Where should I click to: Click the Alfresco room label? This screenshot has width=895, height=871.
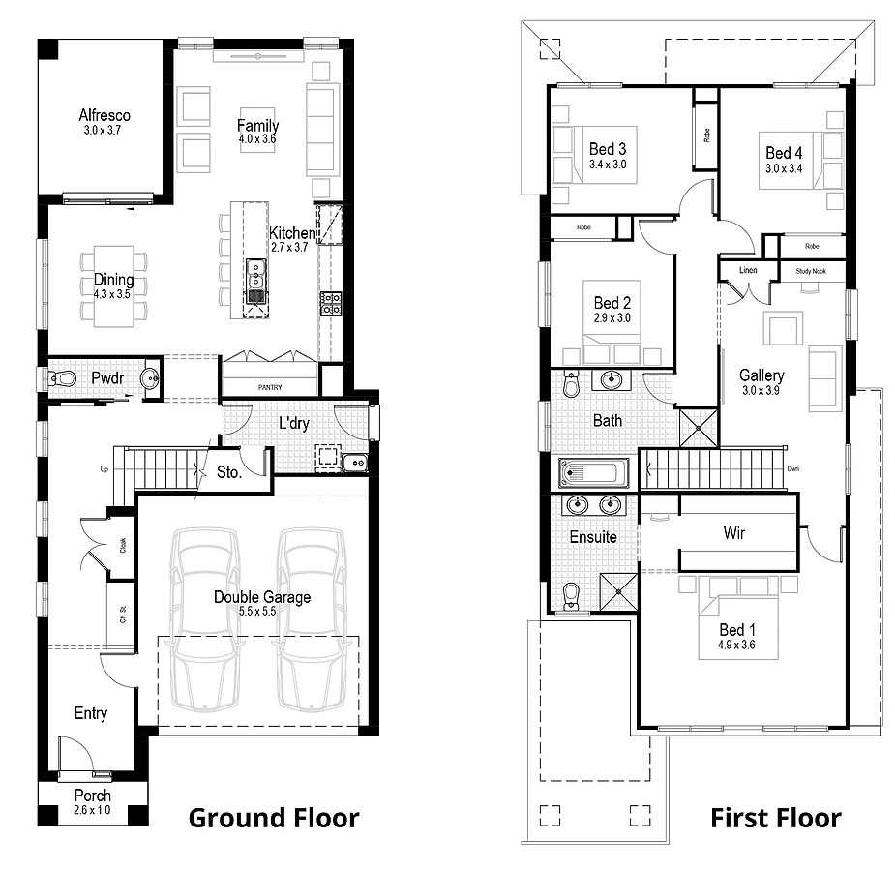pyautogui.click(x=104, y=115)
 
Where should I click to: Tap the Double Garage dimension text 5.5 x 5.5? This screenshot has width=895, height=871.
pyautogui.click(x=257, y=612)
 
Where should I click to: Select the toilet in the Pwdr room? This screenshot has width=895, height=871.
pyautogui.click(x=61, y=377)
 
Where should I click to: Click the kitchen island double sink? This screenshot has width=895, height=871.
pyautogui.click(x=256, y=275)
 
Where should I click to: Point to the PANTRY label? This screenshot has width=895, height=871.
pyautogui.click(x=270, y=387)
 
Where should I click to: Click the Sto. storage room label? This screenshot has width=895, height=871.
pyautogui.click(x=229, y=472)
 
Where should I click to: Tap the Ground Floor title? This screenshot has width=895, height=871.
pyautogui.click(x=274, y=818)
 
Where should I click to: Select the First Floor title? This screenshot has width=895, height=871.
pyautogui.click(x=776, y=818)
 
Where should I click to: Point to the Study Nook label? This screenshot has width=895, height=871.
pyautogui.click(x=811, y=271)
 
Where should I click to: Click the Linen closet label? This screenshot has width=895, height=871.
pyautogui.click(x=748, y=270)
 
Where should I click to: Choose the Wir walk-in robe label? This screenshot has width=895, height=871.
pyautogui.click(x=734, y=533)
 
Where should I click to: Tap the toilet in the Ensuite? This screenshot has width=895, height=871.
pyautogui.click(x=570, y=596)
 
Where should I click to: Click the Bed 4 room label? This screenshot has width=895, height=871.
pyautogui.click(x=784, y=153)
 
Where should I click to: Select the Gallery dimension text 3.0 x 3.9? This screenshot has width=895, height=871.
pyautogui.click(x=761, y=390)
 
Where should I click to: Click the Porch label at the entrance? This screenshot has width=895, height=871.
pyautogui.click(x=93, y=796)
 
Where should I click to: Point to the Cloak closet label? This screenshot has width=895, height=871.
pyautogui.click(x=123, y=545)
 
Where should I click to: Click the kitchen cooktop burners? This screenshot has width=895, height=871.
pyautogui.click(x=331, y=304)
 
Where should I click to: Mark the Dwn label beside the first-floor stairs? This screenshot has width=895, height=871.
pyautogui.click(x=792, y=469)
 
